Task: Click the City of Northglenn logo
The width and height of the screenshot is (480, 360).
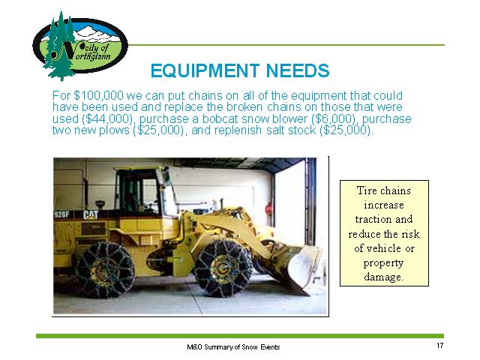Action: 80,46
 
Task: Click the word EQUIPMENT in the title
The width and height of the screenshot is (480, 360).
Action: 205,70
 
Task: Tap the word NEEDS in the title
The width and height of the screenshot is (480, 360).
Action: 298,70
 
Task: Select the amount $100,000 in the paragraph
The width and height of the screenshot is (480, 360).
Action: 98,96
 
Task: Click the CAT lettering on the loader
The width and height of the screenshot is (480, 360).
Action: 91,215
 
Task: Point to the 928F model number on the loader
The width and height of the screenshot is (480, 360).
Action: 61,215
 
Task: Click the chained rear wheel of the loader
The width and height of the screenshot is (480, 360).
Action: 105,270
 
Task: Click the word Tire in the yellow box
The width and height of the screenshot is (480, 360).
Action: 365,190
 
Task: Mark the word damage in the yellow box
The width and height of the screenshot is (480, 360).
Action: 382,277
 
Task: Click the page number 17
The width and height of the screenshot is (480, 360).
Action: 440,346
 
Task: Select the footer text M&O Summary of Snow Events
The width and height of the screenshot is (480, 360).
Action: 233,347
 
